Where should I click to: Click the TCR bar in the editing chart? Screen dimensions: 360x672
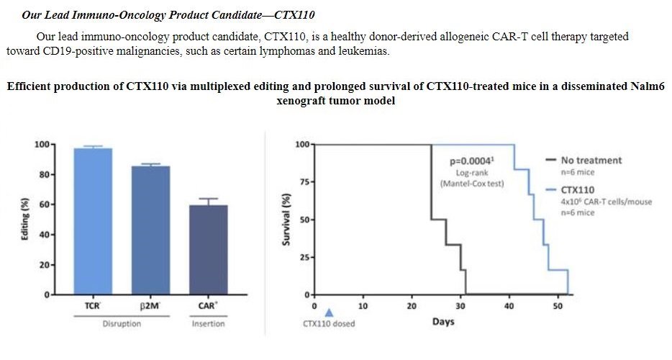tap(94, 220)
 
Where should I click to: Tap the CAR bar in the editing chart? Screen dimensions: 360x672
tap(208, 248)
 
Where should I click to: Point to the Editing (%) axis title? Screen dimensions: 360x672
tap(27, 220)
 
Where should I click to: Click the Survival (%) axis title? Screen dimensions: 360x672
tap(287, 220)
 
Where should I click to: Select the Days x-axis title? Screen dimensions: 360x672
tap(443, 322)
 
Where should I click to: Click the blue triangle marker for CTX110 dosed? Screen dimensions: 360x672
tap(330, 312)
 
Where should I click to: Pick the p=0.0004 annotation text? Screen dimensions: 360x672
tap(471, 162)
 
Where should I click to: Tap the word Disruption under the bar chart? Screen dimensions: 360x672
tap(122, 323)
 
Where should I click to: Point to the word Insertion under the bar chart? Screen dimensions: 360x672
tap(208, 323)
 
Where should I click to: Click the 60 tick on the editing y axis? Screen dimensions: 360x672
tap(45, 204)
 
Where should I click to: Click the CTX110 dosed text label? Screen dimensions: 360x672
tap(329, 323)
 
